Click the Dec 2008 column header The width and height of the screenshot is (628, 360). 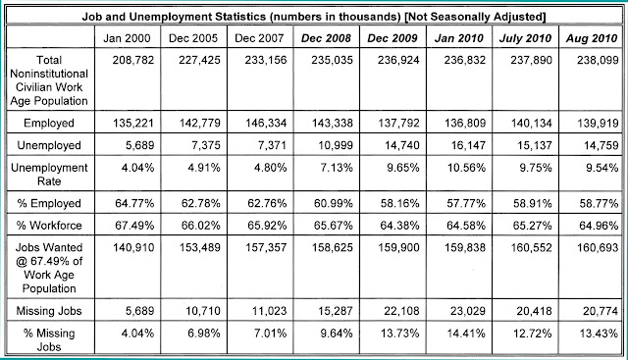(326, 38)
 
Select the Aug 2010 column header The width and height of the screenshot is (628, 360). (592, 38)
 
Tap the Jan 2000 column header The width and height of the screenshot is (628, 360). (127, 38)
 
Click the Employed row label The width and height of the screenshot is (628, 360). (49, 123)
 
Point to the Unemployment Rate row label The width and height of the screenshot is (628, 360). (49, 175)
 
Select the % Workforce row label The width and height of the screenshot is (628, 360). (49, 226)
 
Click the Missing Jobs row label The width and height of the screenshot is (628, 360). (49, 311)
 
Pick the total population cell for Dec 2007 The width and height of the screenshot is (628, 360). (266, 60)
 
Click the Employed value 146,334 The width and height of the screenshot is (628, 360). (266, 123)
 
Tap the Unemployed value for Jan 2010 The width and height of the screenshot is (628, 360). (468, 145)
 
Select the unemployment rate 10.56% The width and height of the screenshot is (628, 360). (467, 168)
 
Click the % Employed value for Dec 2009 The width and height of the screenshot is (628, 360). (399, 203)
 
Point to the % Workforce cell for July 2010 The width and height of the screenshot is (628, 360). (532, 226)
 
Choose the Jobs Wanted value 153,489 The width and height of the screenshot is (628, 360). (199, 247)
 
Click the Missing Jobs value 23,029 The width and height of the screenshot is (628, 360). (468, 311)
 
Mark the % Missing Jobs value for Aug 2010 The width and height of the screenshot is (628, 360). (599, 334)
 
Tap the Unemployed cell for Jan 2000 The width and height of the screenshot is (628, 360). (139, 145)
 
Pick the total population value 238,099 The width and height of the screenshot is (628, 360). (598, 60)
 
